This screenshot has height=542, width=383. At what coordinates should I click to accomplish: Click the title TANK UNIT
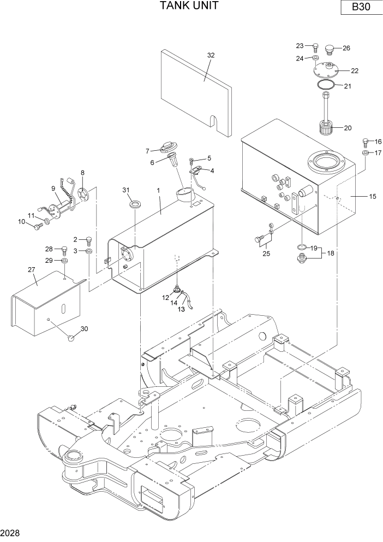[x=189, y=6]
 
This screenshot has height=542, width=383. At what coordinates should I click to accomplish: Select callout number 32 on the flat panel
[x=211, y=55]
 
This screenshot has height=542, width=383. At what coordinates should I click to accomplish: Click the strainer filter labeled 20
[x=326, y=131]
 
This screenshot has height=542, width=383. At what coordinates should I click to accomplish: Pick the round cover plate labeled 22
[x=327, y=70]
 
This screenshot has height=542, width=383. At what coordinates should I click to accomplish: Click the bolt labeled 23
[x=315, y=46]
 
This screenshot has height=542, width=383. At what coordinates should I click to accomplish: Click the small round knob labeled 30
[x=70, y=338]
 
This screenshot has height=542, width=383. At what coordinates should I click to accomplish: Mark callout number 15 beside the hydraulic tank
[x=372, y=196]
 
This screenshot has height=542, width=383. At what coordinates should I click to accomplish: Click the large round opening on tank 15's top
[x=326, y=162]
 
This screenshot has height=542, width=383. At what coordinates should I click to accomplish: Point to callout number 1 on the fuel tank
[x=158, y=191]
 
